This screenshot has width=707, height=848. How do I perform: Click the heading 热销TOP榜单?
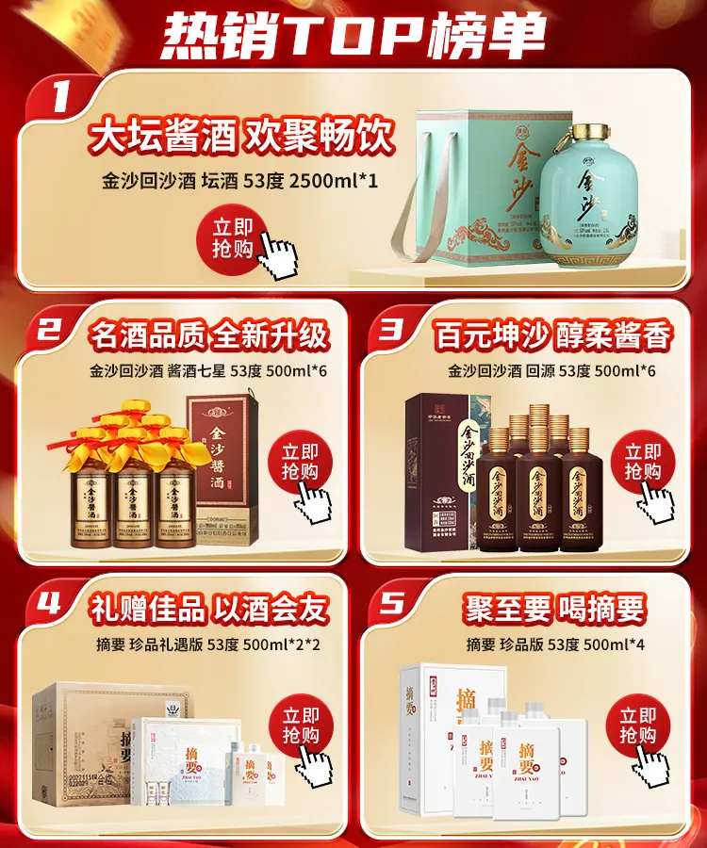(353, 35)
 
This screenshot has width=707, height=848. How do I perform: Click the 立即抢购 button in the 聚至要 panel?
(640, 725)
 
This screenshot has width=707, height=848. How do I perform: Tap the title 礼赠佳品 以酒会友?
(208, 609)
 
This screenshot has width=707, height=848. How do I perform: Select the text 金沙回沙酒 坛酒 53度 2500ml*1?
(239, 181)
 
